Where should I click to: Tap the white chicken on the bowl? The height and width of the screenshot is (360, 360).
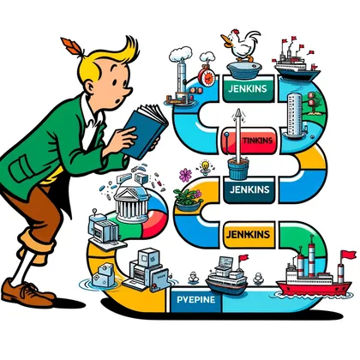point(242,45)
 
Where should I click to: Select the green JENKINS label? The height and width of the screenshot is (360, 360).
point(248,88)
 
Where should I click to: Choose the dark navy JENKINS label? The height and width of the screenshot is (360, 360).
point(249,189)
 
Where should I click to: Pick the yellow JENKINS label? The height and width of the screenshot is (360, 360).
point(248,235)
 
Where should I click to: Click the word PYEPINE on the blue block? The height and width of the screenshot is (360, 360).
point(196,300)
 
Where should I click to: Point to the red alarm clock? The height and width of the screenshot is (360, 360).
point(207,75)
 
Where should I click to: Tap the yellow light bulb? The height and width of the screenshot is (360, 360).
point(205,166)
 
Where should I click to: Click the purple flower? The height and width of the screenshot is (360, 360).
point(185,175)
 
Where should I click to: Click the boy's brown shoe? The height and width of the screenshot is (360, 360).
point(27,293)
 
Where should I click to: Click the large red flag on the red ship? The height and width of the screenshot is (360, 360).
point(348,255)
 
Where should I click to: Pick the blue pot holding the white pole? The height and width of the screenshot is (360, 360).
point(237,169)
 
